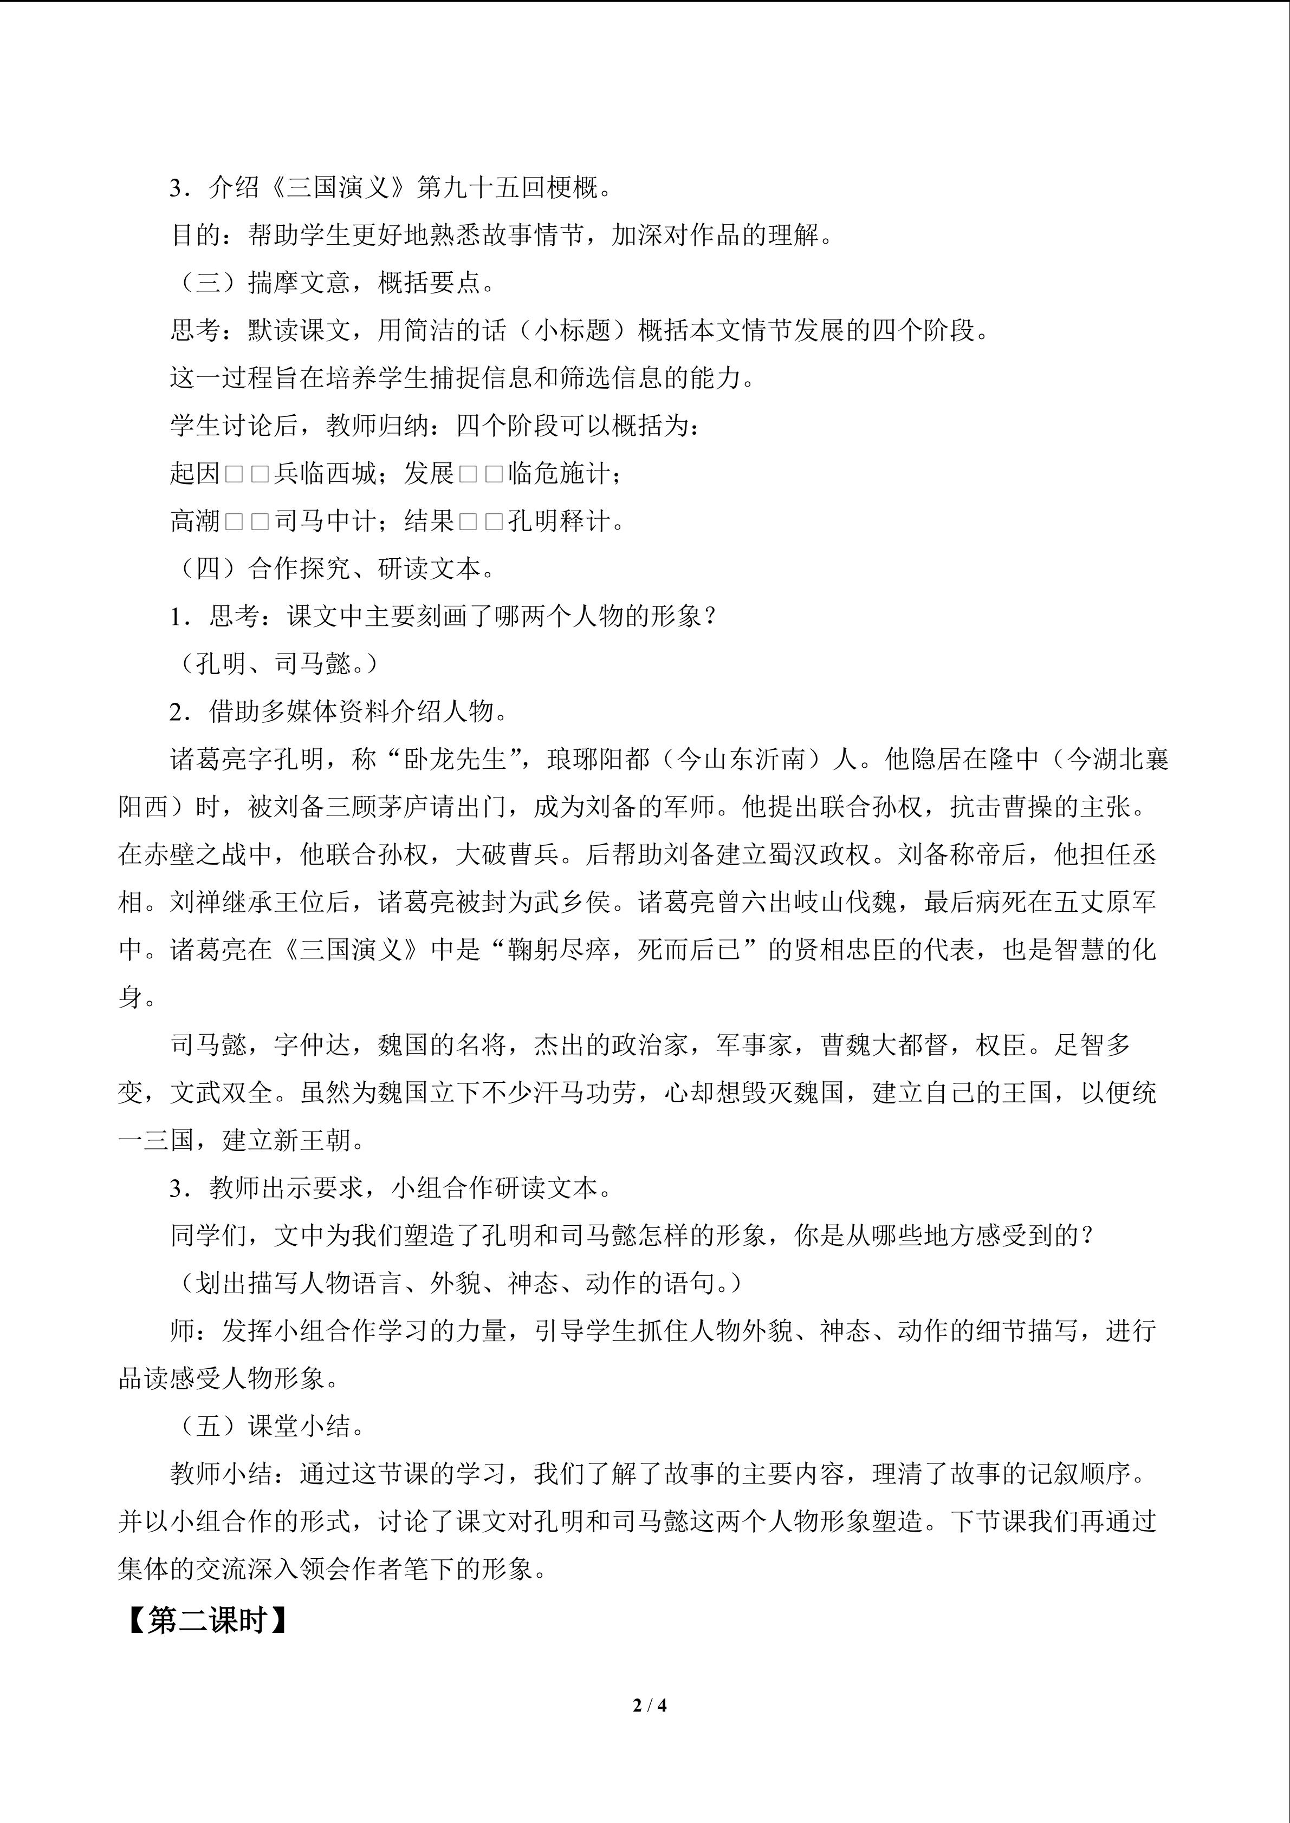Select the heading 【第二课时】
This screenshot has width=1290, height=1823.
[208, 1620]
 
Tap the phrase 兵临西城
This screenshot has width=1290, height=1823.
[325, 473]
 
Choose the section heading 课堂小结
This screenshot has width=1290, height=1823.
[300, 1426]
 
